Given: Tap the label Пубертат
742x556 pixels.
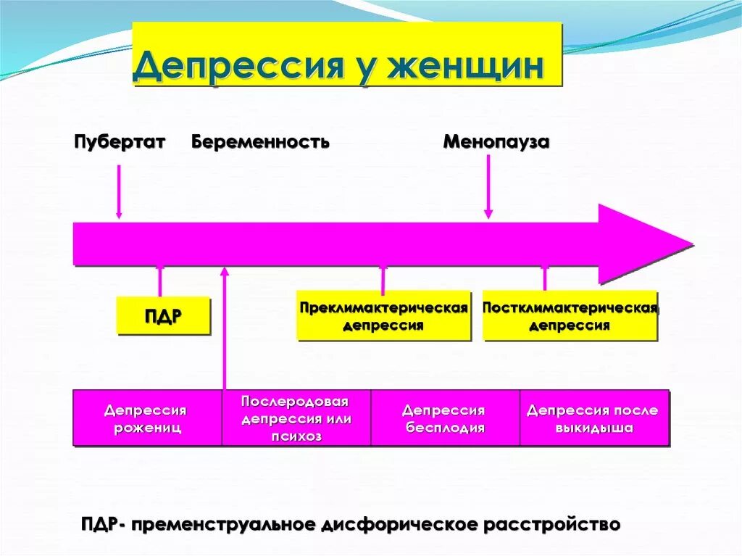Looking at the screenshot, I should click(x=120, y=141).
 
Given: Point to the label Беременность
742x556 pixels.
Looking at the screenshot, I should click(x=260, y=141).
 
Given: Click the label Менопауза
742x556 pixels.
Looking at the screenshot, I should click(x=496, y=141).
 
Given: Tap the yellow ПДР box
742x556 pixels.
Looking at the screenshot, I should click(x=163, y=316).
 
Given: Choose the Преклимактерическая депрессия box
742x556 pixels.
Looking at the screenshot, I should click(x=383, y=316).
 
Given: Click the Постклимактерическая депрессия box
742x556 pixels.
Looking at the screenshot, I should click(x=570, y=316).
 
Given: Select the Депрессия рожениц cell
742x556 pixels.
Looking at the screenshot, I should click(x=147, y=418).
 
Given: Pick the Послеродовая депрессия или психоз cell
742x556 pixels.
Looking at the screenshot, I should click(x=296, y=418).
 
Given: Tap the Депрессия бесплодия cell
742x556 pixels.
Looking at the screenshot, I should click(x=444, y=418).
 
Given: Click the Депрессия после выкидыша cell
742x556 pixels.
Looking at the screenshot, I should click(x=593, y=418).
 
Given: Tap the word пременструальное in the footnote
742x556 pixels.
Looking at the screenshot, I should click(x=222, y=524).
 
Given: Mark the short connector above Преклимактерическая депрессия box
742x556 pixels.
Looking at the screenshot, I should click(x=383, y=279).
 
